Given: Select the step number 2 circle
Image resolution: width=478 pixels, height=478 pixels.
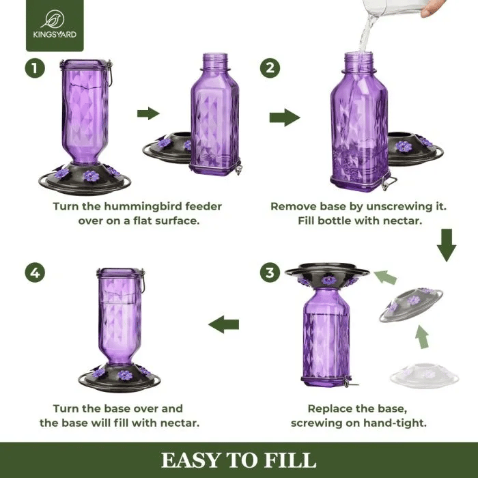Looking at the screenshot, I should [x=270, y=68].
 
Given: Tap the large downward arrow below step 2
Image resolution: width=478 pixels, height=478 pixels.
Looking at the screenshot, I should [x=447, y=246].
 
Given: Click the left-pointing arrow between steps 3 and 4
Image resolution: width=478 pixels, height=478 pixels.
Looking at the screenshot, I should [x=223, y=324].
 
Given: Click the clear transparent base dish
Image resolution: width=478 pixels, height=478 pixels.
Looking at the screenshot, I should [x=423, y=375].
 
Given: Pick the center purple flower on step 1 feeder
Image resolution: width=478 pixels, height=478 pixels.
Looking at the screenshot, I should [x=91, y=176].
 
